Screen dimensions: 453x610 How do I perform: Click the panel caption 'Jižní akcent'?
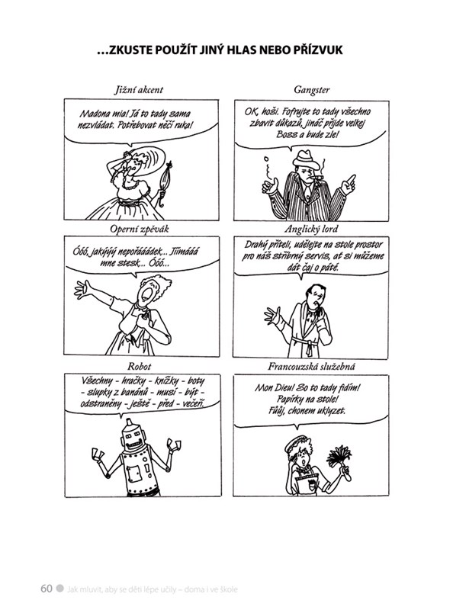(x=139, y=90)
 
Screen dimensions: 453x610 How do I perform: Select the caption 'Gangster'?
(x=311, y=90)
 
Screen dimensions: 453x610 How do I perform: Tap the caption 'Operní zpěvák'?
(x=140, y=229)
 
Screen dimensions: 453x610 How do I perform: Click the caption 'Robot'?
(x=139, y=366)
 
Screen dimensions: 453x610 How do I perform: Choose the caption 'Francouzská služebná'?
(x=311, y=366)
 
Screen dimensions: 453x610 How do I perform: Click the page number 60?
(x=46, y=588)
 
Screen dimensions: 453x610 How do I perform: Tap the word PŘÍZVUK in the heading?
(x=315, y=50)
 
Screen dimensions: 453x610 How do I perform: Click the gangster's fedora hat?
(x=307, y=159)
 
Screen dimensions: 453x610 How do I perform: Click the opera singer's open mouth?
(x=147, y=293)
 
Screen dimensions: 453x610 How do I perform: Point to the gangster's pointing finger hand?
(x=349, y=185)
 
